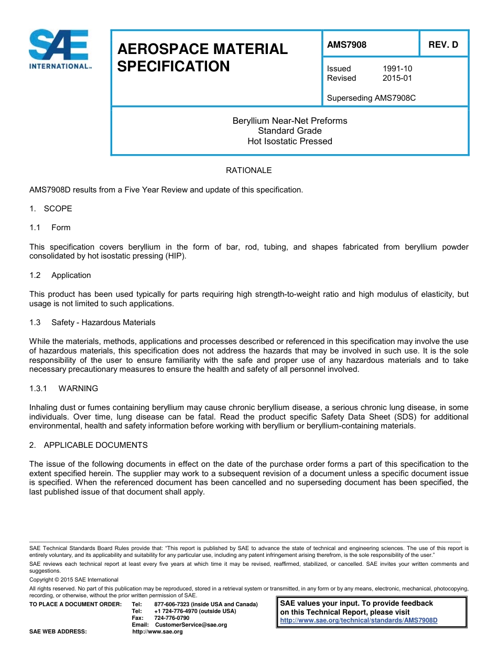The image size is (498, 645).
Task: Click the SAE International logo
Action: click(60, 49)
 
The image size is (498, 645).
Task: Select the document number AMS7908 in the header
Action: click(347, 45)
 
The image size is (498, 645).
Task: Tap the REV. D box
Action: click(443, 45)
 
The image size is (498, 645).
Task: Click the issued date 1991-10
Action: click(397, 69)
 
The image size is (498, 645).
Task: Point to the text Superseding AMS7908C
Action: click(371, 98)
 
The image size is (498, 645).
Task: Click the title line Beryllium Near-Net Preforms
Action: click(289, 121)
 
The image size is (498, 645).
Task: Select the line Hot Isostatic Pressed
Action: click(289, 141)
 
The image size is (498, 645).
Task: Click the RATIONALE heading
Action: click(248, 170)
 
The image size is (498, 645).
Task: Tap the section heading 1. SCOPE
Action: click(51, 209)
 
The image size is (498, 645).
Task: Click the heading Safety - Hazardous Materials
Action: click(103, 322)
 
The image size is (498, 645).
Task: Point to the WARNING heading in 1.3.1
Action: click(78, 389)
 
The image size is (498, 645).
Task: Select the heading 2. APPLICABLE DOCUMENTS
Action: click(89, 445)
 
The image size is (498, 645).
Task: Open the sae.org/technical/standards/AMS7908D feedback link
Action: click(359, 620)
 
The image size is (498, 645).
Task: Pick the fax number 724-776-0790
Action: click(172, 618)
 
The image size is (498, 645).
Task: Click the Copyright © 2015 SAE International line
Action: click(74, 580)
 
